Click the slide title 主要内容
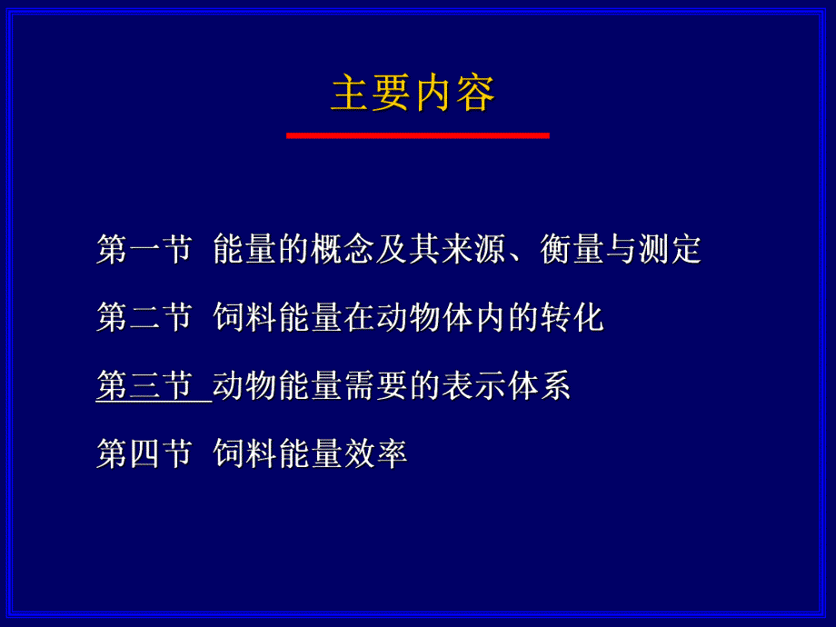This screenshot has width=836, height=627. coord(413,95)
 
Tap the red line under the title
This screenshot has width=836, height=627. coord(417,135)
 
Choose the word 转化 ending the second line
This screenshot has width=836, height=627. coord(572,318)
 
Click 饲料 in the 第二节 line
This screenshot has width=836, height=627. coord(244,318)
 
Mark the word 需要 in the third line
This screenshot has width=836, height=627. coord(376,387)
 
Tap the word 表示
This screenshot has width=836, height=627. coord(473,387)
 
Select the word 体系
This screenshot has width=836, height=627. coord(539,387)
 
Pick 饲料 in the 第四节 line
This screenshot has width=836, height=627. coord(244,454)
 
